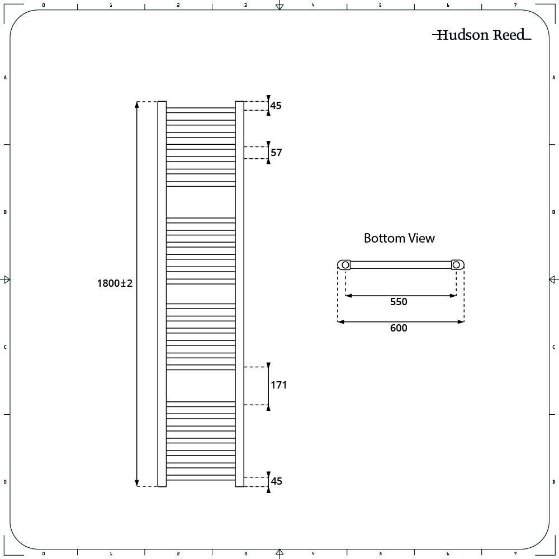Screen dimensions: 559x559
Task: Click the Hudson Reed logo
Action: [482, 35]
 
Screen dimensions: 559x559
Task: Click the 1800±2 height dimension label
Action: [115, 283]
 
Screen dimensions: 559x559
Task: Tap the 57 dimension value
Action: [276, 153]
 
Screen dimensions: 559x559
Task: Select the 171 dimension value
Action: [278, 385]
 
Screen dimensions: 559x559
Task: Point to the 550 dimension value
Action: [399, 302]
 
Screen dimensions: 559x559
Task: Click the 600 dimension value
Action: [399, 328]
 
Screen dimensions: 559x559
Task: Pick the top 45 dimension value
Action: [276, 106]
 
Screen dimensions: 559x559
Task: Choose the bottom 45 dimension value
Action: [276, 481]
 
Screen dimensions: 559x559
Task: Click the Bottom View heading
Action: [399, 238]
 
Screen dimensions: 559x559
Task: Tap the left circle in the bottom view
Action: [345, 265]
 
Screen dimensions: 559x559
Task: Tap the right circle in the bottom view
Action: [456, 265]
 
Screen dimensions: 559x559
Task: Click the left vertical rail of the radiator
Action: [162, 294]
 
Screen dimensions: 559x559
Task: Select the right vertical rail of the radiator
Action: [240, 294]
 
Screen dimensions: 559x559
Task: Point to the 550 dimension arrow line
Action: [401, 296]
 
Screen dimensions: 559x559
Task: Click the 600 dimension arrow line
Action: [401, 321]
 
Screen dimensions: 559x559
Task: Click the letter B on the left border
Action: [5, 212]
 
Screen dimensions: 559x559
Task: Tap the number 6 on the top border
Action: [448, 5]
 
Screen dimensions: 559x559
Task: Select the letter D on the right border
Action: [553, 482]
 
